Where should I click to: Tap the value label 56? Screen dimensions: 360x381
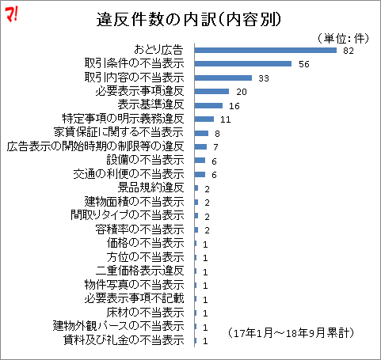point(303,64)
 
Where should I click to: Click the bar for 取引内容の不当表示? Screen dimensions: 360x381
point(223,78)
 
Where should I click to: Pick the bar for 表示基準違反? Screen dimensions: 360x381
point(208,105)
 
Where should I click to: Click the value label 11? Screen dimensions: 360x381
point(225,119)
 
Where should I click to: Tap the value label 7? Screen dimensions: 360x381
point(215,147)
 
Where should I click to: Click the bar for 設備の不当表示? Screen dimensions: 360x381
point(200,161)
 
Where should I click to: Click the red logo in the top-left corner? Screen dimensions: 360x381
point(13,13)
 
